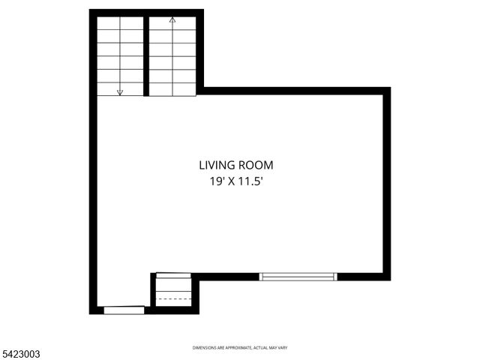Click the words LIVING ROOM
point(236,165)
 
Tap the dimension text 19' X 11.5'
point(236,181)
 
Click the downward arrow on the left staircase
point(120,91)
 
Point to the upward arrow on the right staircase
point(172,21)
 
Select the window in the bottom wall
point(298,277)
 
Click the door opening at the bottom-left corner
point(124,310)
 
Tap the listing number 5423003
point(20,352)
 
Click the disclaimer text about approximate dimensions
point(240,348)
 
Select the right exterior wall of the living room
point(387,184)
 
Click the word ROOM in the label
point(256,165)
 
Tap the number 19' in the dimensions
point(217,181)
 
